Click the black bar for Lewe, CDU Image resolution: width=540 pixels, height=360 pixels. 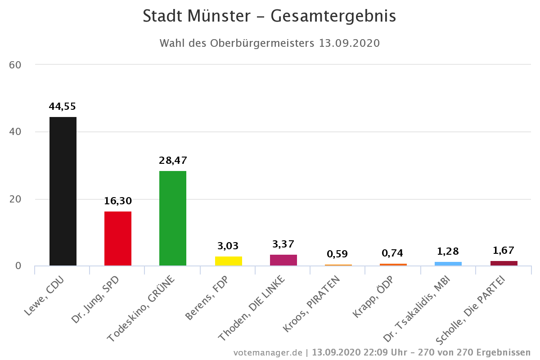click(63, 191)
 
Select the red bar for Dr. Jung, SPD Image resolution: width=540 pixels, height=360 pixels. click(118, 238)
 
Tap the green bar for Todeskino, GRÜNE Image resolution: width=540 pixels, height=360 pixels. click(173, 218)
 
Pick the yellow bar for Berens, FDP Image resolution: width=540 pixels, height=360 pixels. click(229, 261)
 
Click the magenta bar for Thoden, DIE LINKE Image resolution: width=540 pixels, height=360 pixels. click(283, 260)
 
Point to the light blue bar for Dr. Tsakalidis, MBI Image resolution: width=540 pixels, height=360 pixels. click(448, 264)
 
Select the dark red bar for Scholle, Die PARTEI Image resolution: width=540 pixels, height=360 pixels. click(504, 263)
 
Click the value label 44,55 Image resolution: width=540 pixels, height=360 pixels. click(63, 107)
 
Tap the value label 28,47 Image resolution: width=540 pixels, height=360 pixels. click(173, 160)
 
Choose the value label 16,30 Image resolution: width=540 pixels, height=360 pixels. click(118, 201)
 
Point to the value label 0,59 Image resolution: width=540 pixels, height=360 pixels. click(338, 254)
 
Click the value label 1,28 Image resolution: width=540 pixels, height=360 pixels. click(448, 251)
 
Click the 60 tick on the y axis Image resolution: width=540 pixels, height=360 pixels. click(15, 65)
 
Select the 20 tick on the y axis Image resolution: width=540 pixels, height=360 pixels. click(15, 199)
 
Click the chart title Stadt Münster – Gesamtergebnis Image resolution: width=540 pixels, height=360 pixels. click(270, 16)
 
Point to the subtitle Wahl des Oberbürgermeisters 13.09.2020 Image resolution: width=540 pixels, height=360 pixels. click(270, 43)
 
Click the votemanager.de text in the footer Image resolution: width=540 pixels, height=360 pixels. click(268, 352)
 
